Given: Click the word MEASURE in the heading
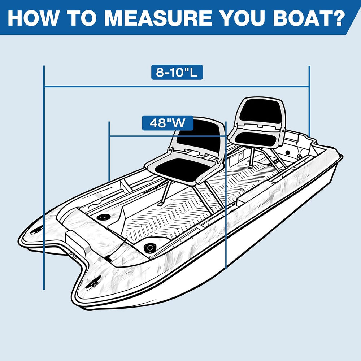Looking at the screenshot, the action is point(158,18).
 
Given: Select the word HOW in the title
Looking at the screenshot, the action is point(32,18).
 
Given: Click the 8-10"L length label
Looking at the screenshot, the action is point(177,72).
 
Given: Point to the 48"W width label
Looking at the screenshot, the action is point(168,123).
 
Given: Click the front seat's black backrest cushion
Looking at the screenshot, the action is point(199,139).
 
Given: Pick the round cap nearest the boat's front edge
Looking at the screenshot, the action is point(150,248).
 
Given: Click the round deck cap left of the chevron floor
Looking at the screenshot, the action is point(103,217).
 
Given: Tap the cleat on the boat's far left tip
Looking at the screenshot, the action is point(36,230).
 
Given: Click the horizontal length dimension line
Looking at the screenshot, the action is point(177,87).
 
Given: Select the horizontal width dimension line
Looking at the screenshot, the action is point(168,136).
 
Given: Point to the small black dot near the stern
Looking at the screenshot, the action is point(288,153).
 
